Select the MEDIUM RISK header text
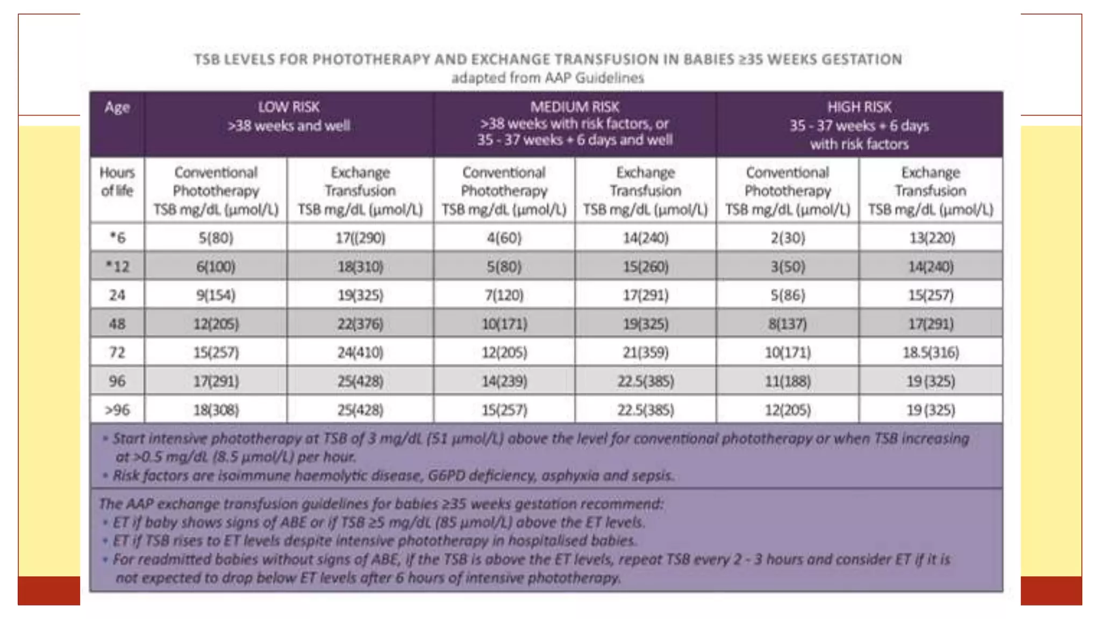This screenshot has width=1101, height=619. [575, 107]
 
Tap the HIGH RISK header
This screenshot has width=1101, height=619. [859, 107]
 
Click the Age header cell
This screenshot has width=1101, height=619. [117, 107]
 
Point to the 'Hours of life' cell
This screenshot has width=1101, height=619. [117, 182]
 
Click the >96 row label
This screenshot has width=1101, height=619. [117, 410]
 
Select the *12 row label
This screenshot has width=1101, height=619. [117, 267]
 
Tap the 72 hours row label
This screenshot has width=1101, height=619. [117, 352]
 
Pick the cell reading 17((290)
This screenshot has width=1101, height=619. [360, 237]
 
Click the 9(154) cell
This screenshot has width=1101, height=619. [216, 295]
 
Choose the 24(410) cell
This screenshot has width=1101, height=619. [360, 352]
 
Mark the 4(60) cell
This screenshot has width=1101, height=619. [504, 237]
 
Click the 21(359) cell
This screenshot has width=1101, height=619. [645, 352]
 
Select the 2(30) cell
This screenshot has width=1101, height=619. [788, 237]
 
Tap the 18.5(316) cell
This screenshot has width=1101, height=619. [931, 352]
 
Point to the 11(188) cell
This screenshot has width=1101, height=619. [788, 381]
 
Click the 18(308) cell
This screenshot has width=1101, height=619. [216, 410]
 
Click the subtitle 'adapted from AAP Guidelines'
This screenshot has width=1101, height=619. [547, 78]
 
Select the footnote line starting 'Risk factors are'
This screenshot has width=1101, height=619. [392, 476]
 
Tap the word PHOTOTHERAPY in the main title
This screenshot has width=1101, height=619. [371, 59]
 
